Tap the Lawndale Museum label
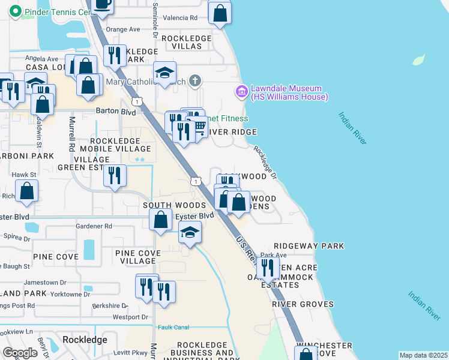coord(288,92)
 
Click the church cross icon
coord(194,80)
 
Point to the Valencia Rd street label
coord(184,18)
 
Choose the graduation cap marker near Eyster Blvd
coord(190,232)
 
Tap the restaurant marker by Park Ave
coord(268,268)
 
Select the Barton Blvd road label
coord(116,111)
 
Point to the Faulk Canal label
coord(173,327)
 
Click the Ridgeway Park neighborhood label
coord(309,246)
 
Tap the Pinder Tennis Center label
coord(58,11)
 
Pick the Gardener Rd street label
coord(94,226)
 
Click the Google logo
coord(20,352)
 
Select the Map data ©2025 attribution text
coord(423,355)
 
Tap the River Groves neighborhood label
coord(303,304)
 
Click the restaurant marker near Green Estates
coord(114,175)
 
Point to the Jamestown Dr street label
coord(44,282)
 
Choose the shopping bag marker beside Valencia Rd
coord(220,13)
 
